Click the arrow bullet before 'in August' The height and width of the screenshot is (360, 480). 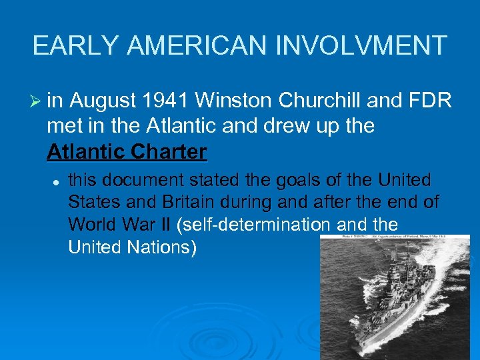click(x=37, y=101)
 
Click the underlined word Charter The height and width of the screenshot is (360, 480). click(x=171, y=152)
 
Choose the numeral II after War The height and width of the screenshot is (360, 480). click(x=165, y=225)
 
